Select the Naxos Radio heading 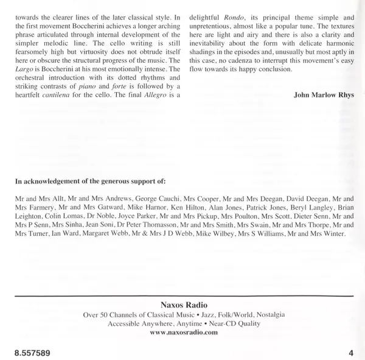click(182, 304)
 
